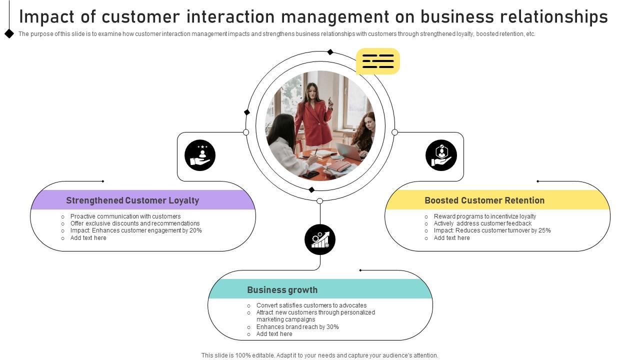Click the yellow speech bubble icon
378,61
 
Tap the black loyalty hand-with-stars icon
200,155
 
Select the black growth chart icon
320,239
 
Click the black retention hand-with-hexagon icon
441,155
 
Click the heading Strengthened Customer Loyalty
132,200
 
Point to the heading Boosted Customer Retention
484,200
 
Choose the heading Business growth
282,290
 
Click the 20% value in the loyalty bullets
195,230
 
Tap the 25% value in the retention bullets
544,230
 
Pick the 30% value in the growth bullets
332,327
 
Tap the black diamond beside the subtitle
9,33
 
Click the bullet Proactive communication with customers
125,216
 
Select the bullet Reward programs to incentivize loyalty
485,216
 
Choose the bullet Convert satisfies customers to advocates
311,305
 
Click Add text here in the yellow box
452,238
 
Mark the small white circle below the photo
320,201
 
